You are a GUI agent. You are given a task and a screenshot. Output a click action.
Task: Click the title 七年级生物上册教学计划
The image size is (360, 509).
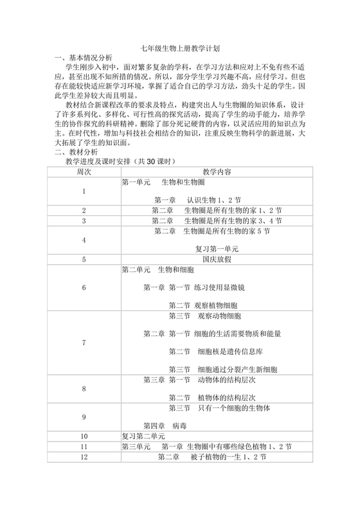pyautogui.click(x=180, y=48)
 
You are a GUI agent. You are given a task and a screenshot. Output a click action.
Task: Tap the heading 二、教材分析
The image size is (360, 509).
pyautogui.click(x=75, y=152)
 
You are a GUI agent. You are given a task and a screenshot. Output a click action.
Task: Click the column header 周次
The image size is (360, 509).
pyautogui.click(x=84, y=172)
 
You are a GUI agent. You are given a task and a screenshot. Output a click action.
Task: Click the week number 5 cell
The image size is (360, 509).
pyautogui.click(x=84, y=260)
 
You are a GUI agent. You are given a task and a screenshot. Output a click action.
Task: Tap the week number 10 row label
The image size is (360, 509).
pyautogui.click(x=84, y=436)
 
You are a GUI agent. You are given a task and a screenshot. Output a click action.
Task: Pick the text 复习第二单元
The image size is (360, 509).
pyautogui.click(x=145, y=436)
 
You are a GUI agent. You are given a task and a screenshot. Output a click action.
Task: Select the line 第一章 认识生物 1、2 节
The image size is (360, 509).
pyautogui.click(x=197, y=199)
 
